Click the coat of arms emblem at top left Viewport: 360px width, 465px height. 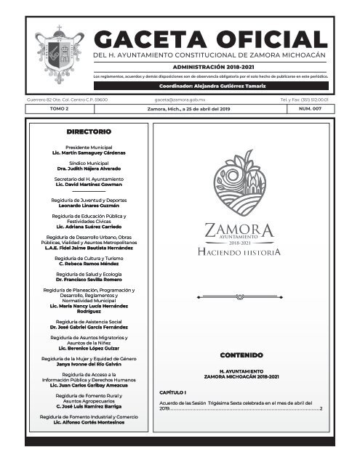point(55,49)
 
